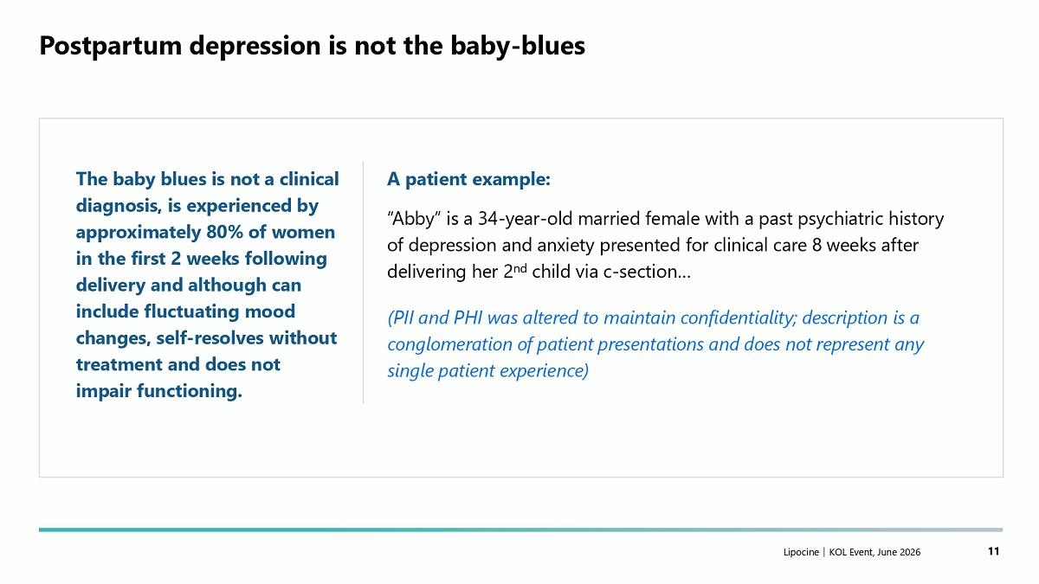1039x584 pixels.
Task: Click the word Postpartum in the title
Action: pyautogui.click(x=111, y=47)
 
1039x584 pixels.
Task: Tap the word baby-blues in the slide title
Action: pyautogui.click(x=518, y=47)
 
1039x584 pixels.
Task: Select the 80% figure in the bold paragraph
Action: pyautogui.click(x=224, y=232)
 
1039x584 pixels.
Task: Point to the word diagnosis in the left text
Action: pyautogui.click(x=119, y=206)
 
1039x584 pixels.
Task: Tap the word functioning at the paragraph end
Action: pyautogui.click(x=190, y=391)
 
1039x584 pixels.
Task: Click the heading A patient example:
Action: pyautogui.click(x=468, y=179)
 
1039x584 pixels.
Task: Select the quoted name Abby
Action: pyautogui.click(x=414, y=219)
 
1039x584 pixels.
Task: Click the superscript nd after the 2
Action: pyautogui.click(x=520, y=268)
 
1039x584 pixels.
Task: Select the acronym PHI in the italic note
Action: pyautogui.click(x=468, y=318)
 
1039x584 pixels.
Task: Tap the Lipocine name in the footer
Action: pyautogui.click(x=801, y=552)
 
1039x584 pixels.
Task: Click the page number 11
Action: pyautogui.click(x=994, y=551)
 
